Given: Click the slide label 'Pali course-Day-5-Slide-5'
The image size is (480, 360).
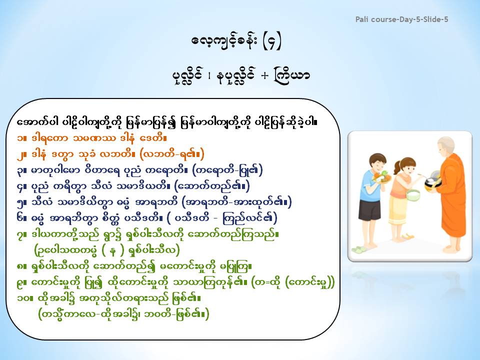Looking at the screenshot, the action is (401, 19).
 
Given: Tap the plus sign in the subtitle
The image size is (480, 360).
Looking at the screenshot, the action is (264, 75).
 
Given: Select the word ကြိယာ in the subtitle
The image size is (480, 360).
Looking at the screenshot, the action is (292, 75).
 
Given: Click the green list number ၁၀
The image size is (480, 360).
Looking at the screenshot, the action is (23, 298).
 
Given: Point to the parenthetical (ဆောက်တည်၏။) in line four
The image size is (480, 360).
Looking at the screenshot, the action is (211, 186).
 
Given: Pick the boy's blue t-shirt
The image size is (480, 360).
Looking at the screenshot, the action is (371, 185).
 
